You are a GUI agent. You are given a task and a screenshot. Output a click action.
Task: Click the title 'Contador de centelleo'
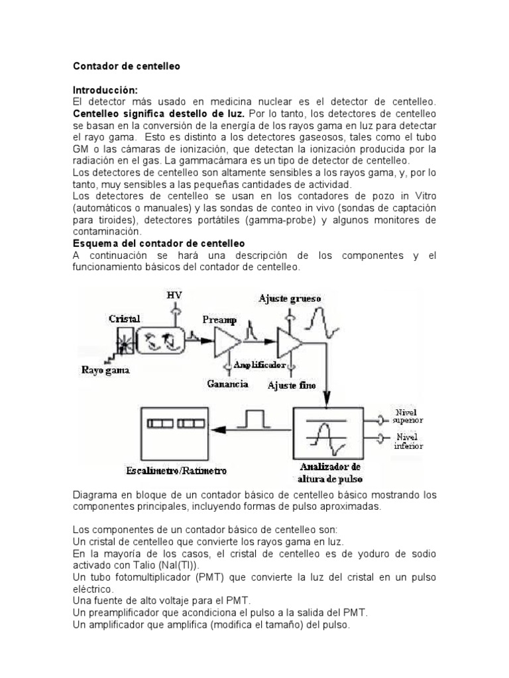(126, 67)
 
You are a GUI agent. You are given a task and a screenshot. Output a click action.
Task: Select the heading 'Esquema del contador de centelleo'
(158, 243)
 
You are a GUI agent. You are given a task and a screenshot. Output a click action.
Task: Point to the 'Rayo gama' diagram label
(107, 371)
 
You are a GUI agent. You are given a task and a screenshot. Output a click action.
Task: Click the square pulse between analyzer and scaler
(255, 419)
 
